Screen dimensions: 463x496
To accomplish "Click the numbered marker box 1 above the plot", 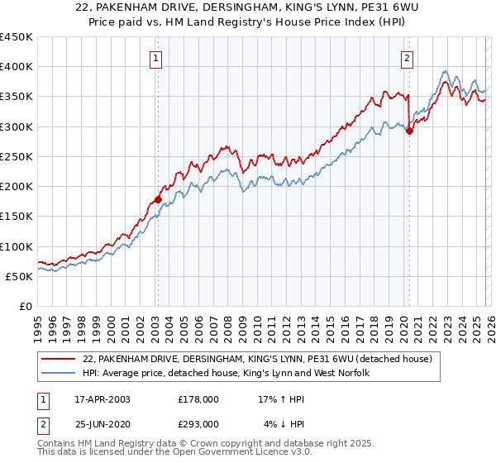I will tap(156, 58).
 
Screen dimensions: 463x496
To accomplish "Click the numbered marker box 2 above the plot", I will tap(408, 58).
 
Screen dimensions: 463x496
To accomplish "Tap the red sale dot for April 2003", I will tap(158, 199).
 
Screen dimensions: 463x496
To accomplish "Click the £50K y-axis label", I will tap(20, 276).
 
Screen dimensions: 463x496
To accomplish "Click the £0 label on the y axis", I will tap(26, 306).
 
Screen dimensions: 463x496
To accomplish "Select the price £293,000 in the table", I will tap(198, 423).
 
